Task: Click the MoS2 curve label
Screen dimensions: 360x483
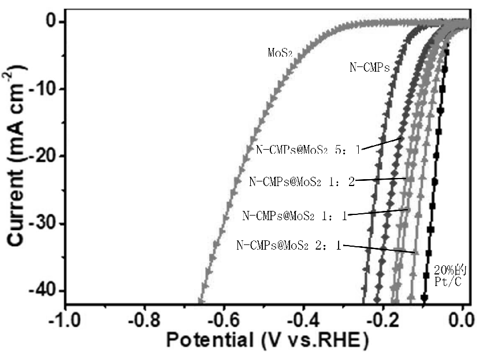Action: coord(280,53)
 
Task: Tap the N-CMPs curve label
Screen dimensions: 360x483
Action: coord(370,68)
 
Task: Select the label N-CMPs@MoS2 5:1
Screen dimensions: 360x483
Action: coord(309,149)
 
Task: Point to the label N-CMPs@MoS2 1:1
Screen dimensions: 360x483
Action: coord(293,216)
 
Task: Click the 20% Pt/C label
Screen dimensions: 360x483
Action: coord(448,276)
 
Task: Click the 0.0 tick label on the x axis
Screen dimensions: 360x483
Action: coord(462,320)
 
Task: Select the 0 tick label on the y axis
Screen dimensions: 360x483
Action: coord(52,22)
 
